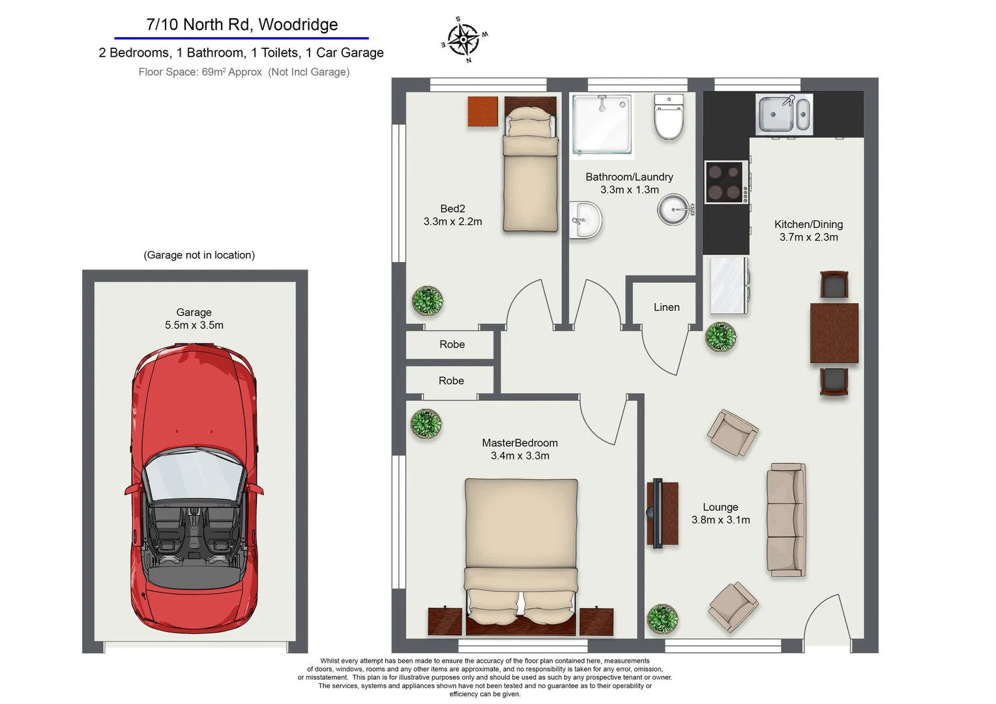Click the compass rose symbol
coord(463,39)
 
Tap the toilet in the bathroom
coord(669,117)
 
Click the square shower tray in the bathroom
coord(602,124)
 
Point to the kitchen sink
coord(784,114)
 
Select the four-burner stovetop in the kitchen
coord(725,182)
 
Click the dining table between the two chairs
coord(834,332)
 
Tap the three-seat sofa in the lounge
coord(787,520)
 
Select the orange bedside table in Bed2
coord(483,111)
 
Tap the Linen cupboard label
coord(666,307)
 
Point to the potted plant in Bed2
coord(428,301)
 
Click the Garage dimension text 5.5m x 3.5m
coord(194,325)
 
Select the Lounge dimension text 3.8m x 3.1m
coord(720,520)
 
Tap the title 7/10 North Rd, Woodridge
coord(242,25)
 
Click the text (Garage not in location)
coord(199,255)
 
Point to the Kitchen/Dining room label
coord(808,224)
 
